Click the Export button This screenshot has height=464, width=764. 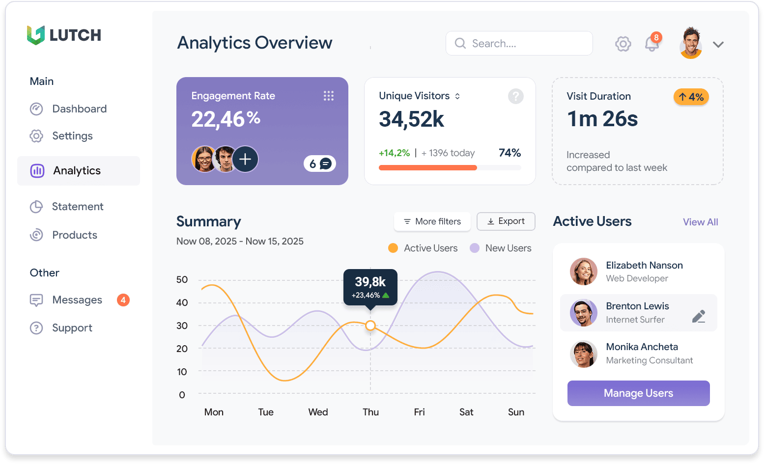pyautogui.click(x=506, y=221)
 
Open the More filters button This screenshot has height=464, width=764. pyautogui.click(x=432, y=221)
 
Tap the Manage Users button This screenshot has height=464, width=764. pyautogui.click(x=638, y=393)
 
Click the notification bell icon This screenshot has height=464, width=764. pyautogui.click(x=652, y=44)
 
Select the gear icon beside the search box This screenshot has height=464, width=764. pyautogui.click(x=623, y=44)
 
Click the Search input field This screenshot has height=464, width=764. pyautogui.click(x=519, y=44)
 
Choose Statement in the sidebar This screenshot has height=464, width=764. pyautogui.click(x=78, y=207)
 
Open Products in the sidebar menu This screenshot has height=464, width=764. pyautogui.click(x=75, y=235)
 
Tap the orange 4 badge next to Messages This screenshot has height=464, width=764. pyautogui.click(x=123, y=300)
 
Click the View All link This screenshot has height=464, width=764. pyautogui.click(x=700, y=222)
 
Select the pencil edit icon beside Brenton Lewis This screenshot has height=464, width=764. pyautogui.click(x=699, y=316)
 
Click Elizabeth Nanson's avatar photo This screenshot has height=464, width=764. pyautogui.click(x=583, y=271)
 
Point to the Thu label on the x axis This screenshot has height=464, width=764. pyautogui.click(x=370, y=412)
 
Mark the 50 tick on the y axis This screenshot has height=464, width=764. pyautogui.click(x=182, y=280)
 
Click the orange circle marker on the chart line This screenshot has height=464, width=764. pyautogui.click(x=370, y=325)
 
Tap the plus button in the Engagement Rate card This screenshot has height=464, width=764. pyautogui.click(x=245, y=159)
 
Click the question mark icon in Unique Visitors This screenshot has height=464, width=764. pyautogui.click(x=515, y=96)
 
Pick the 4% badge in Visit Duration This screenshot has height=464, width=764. pyautogui.click(x=691, y=97)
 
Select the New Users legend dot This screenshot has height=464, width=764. pyautogui.click(x=475, y=248)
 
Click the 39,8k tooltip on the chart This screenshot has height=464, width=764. pyautogui.click(x=370, y=287)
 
